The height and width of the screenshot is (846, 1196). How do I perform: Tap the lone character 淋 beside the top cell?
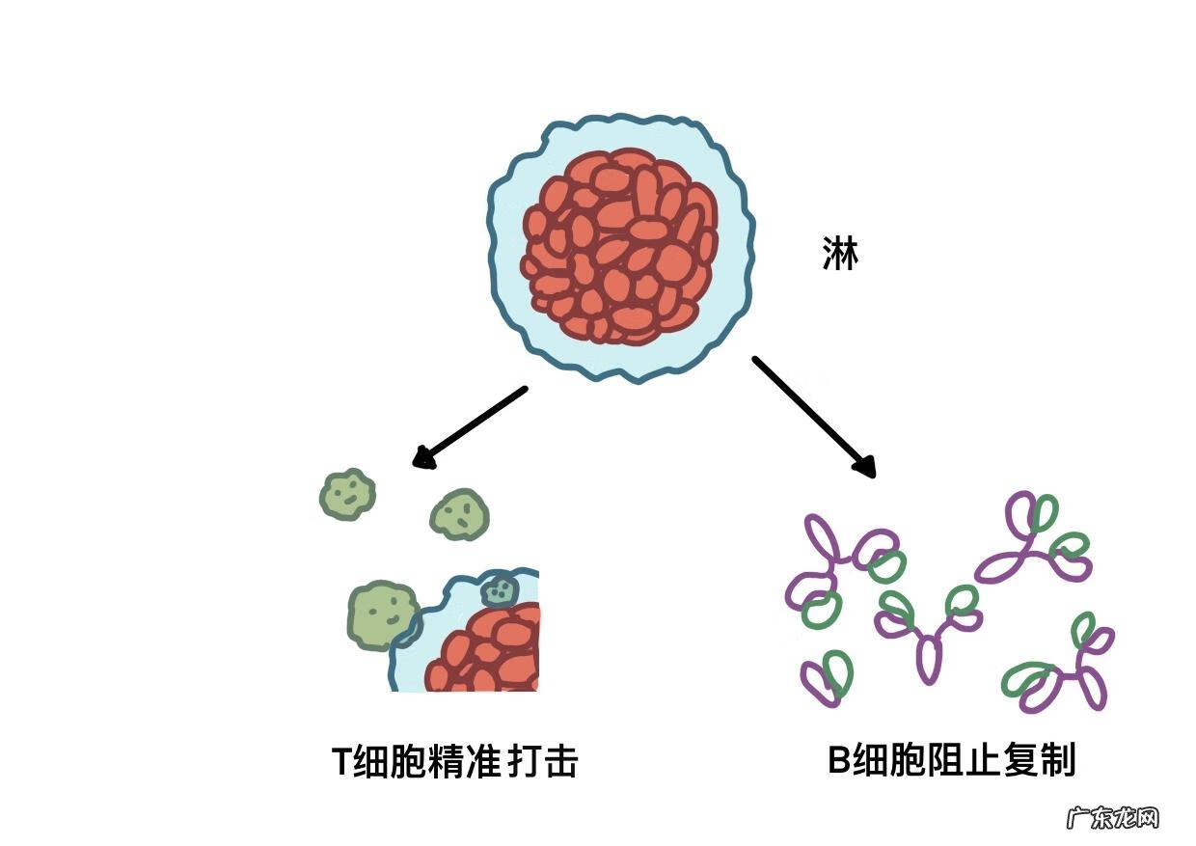[x=839, y=255]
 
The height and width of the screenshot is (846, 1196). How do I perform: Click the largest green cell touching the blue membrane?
[x=382, y=614]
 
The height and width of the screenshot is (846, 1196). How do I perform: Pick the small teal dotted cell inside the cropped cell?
[x=500, y=588]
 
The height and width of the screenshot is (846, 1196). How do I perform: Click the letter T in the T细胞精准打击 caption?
[x=341, y=762]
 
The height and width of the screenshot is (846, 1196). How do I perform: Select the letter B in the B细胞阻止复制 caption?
[x=838, y=760]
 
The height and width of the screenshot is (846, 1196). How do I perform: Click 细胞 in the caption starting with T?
[x=391, y=762]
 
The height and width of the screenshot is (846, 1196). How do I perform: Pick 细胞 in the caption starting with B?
[x=889, y=760]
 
